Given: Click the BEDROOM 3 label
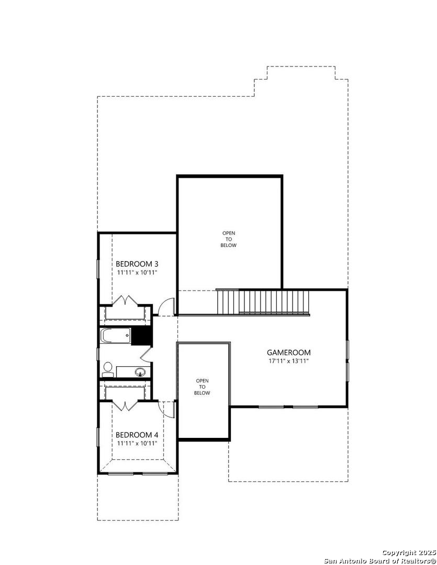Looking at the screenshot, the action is coord(137,264).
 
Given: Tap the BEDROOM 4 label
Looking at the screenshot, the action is coord(137,435).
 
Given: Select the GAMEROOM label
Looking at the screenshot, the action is coord(288,353).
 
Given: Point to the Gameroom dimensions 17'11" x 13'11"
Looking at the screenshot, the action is coord(288,361).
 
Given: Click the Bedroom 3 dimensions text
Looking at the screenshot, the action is coord(137,273).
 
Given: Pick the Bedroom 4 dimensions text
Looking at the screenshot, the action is coord(137,444).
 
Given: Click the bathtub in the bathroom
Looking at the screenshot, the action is coord(115,336).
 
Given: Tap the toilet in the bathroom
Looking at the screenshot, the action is coord(107,370).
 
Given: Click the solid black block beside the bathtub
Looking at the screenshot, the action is coord(142,336).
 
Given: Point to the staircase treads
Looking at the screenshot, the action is coord(263,301).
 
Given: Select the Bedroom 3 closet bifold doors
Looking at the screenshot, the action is coord(125,300).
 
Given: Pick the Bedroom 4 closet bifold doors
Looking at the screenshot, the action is coord(125,405).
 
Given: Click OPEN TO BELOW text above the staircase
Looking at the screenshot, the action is coord(229,239).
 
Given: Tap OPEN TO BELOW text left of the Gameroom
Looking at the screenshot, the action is coord(202,387).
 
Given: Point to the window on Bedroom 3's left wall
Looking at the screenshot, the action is coord(97,268).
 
